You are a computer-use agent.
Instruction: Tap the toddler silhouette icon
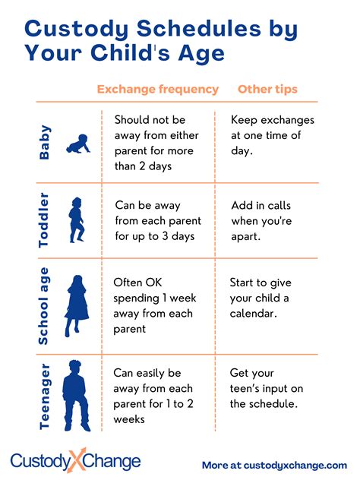(77, 219)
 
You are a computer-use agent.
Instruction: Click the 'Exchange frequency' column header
(158, 90)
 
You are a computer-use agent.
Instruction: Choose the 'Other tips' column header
(267, 90)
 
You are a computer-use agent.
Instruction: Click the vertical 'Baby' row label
(46, 143)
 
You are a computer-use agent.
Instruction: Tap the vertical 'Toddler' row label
(46, 220)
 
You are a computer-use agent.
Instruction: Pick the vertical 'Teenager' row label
(46, 396)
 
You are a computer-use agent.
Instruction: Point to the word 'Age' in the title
(204, 54)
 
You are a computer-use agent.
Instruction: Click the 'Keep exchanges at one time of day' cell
(271, 135)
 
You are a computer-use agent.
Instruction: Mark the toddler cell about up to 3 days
(157, 220)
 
